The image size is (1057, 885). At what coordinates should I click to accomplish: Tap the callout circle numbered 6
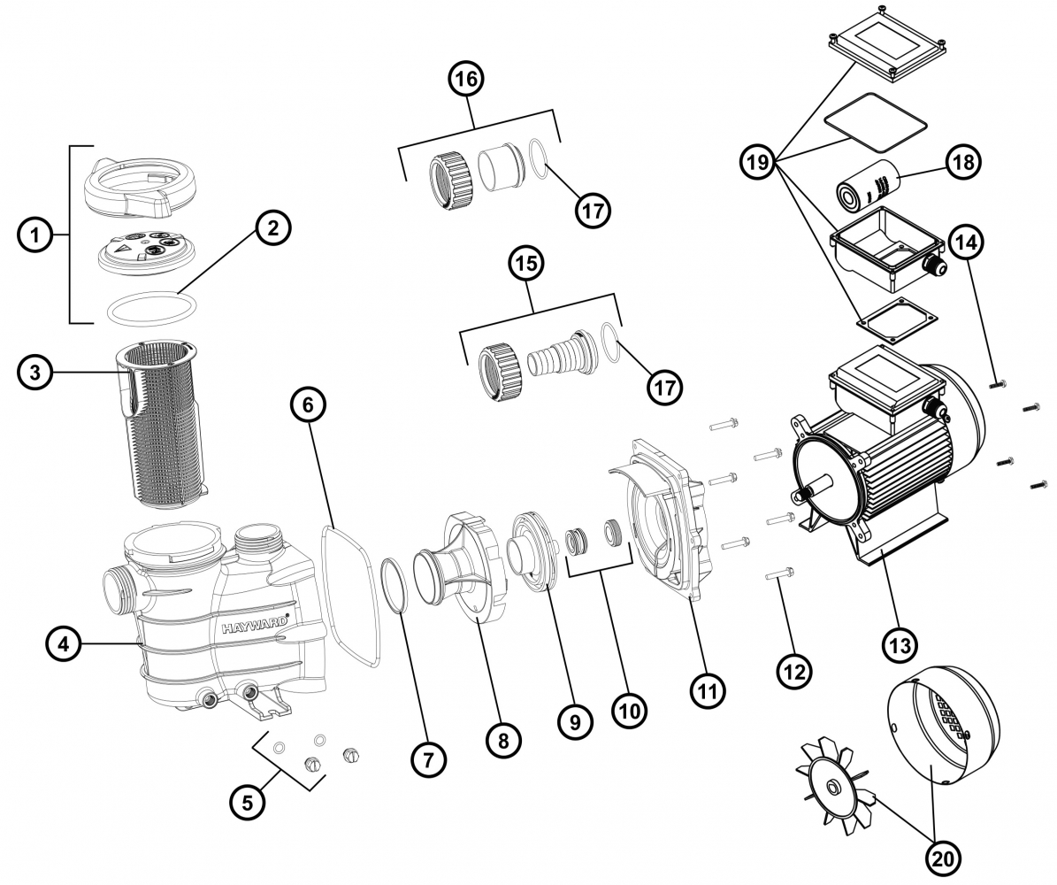(307, 406)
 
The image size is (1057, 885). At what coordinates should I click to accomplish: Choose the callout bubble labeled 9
(574, 722)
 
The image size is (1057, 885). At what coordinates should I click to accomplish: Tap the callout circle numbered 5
(248, 803)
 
